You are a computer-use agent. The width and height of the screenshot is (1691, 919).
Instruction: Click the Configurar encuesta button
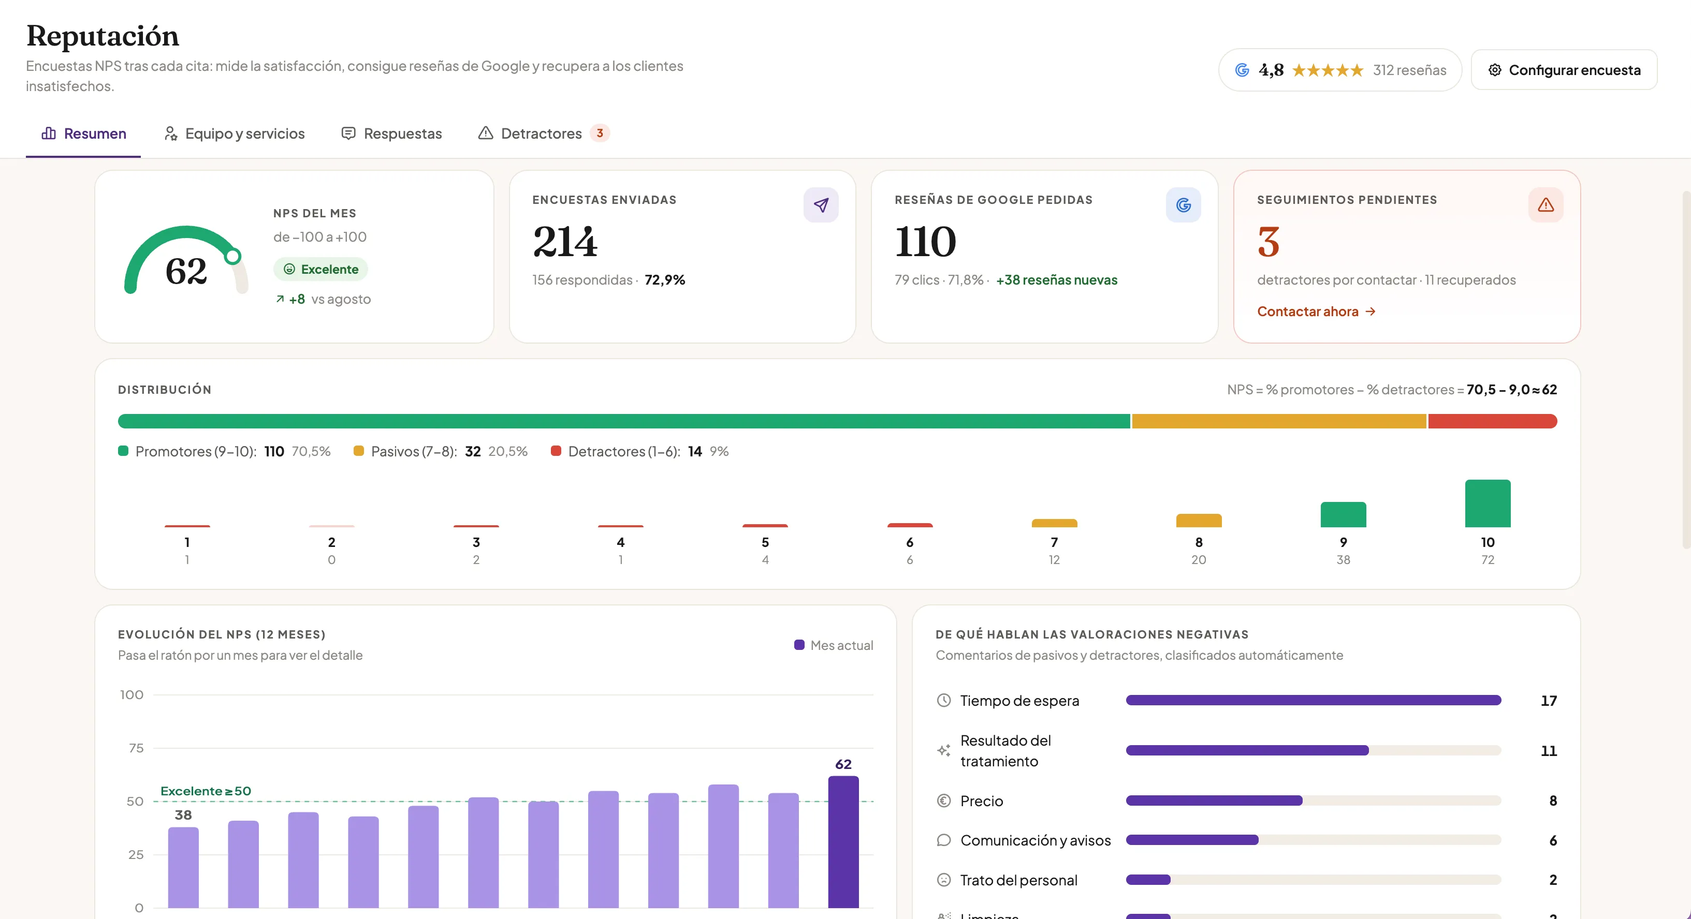tap(1564, 69)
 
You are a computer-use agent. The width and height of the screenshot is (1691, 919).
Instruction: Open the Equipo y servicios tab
tap(235, 133)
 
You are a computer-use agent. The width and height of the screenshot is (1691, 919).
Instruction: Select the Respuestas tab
tap(392, 133)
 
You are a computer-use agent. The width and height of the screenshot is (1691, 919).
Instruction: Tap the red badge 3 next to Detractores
tap(600, 133)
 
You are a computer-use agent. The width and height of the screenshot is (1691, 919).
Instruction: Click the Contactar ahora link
tap(1316, 312)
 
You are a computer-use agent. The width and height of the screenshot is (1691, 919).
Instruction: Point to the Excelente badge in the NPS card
tap(321, 269)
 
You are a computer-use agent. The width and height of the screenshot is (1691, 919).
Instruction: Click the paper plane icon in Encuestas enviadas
tap(821, 205)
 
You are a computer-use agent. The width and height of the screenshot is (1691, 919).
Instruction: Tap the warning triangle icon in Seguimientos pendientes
tap(1546, 205)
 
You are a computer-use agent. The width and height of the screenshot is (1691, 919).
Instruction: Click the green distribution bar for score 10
tap(1488, 503)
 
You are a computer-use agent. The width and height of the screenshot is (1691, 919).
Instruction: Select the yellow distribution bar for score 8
tap(1199, 520)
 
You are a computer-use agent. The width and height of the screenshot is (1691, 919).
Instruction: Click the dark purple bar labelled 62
tap(843, 841)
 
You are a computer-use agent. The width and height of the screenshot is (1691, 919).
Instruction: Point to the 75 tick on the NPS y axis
tap(136, 748)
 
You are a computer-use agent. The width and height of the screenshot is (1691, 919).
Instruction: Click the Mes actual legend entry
tap(834, 645)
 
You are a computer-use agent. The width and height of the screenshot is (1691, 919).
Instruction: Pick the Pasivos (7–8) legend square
tap(358, 451)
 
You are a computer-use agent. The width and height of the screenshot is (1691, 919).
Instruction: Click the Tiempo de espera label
tap(1019, 701)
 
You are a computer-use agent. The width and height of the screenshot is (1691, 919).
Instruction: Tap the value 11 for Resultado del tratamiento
tap(1549, 750)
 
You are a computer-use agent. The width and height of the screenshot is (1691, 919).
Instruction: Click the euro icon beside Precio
tap(943, 801)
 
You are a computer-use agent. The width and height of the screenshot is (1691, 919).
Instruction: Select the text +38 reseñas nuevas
tap(1056, 280)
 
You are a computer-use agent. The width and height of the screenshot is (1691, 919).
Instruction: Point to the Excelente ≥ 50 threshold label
tap(206, 791)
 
